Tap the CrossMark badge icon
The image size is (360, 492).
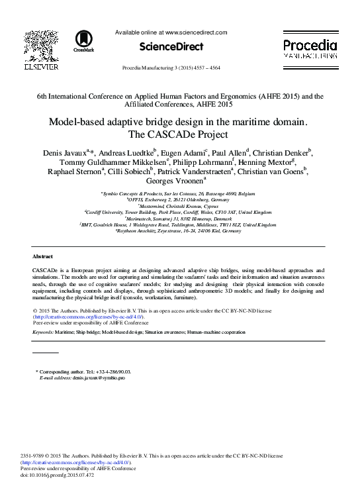pos(83,40)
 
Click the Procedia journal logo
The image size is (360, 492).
pos(310,47)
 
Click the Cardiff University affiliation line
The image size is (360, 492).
pos(179,213)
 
